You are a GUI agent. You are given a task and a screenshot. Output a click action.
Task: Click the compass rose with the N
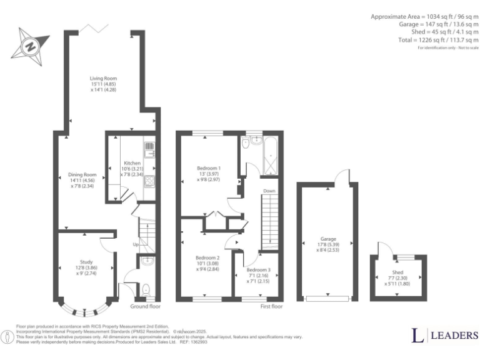tap(29, 46)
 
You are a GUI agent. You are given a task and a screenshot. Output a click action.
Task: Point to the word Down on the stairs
tap(269, 191)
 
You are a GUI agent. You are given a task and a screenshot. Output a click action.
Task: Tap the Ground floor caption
tap(145, 307)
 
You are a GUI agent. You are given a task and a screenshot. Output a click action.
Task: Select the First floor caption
tap(271, 307)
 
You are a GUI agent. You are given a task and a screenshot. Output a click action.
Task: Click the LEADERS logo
tap(444, 336)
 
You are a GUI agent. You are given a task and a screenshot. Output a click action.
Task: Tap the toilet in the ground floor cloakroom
tap(146, 289)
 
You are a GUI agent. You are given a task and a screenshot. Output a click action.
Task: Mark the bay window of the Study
tap(85, 309)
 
